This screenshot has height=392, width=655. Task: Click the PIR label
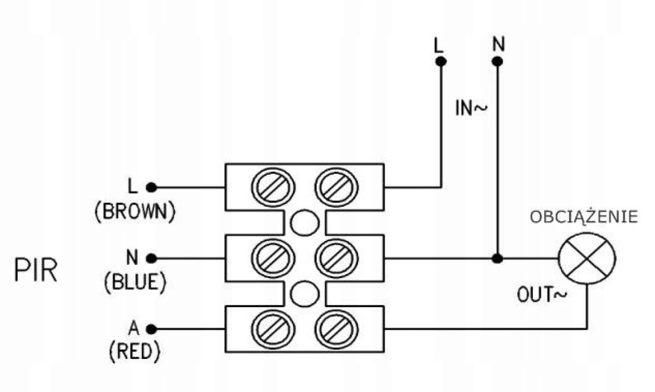[x=36, y=271]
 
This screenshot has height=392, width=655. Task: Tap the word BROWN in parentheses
[x=135, y=211]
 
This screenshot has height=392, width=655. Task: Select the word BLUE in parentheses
[x=135, y=282]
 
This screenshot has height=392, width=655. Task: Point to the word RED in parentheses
[x=134, y=351]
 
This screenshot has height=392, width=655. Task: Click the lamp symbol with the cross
[x=588, y=259]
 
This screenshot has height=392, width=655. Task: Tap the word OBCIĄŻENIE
[x=584, y=217]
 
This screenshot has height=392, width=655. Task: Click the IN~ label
[x=471, y=109]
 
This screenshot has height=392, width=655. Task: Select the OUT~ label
[x=542, y=295]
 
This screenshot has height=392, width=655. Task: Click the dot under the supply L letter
[x=441, y=62]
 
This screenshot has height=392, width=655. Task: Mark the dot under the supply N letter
[x=497, y=62]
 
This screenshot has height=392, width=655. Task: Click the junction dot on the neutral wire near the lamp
[x=497, y=259]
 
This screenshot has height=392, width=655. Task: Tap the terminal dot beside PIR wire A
[x=152, y=329]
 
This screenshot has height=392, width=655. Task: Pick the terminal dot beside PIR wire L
[x=152, y=188]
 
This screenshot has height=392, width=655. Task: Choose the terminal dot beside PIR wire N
[x=152, y=259]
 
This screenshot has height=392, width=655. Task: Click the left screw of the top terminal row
[x=274, y=188]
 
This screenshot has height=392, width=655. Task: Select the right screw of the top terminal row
[x=337, y=188]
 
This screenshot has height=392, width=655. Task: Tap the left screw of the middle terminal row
[x=274, y=258]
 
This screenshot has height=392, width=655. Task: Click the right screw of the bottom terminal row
[x=337, y=329]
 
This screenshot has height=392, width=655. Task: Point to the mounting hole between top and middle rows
[x=305, y=223]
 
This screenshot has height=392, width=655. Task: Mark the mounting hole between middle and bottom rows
[x=305, y=293]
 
